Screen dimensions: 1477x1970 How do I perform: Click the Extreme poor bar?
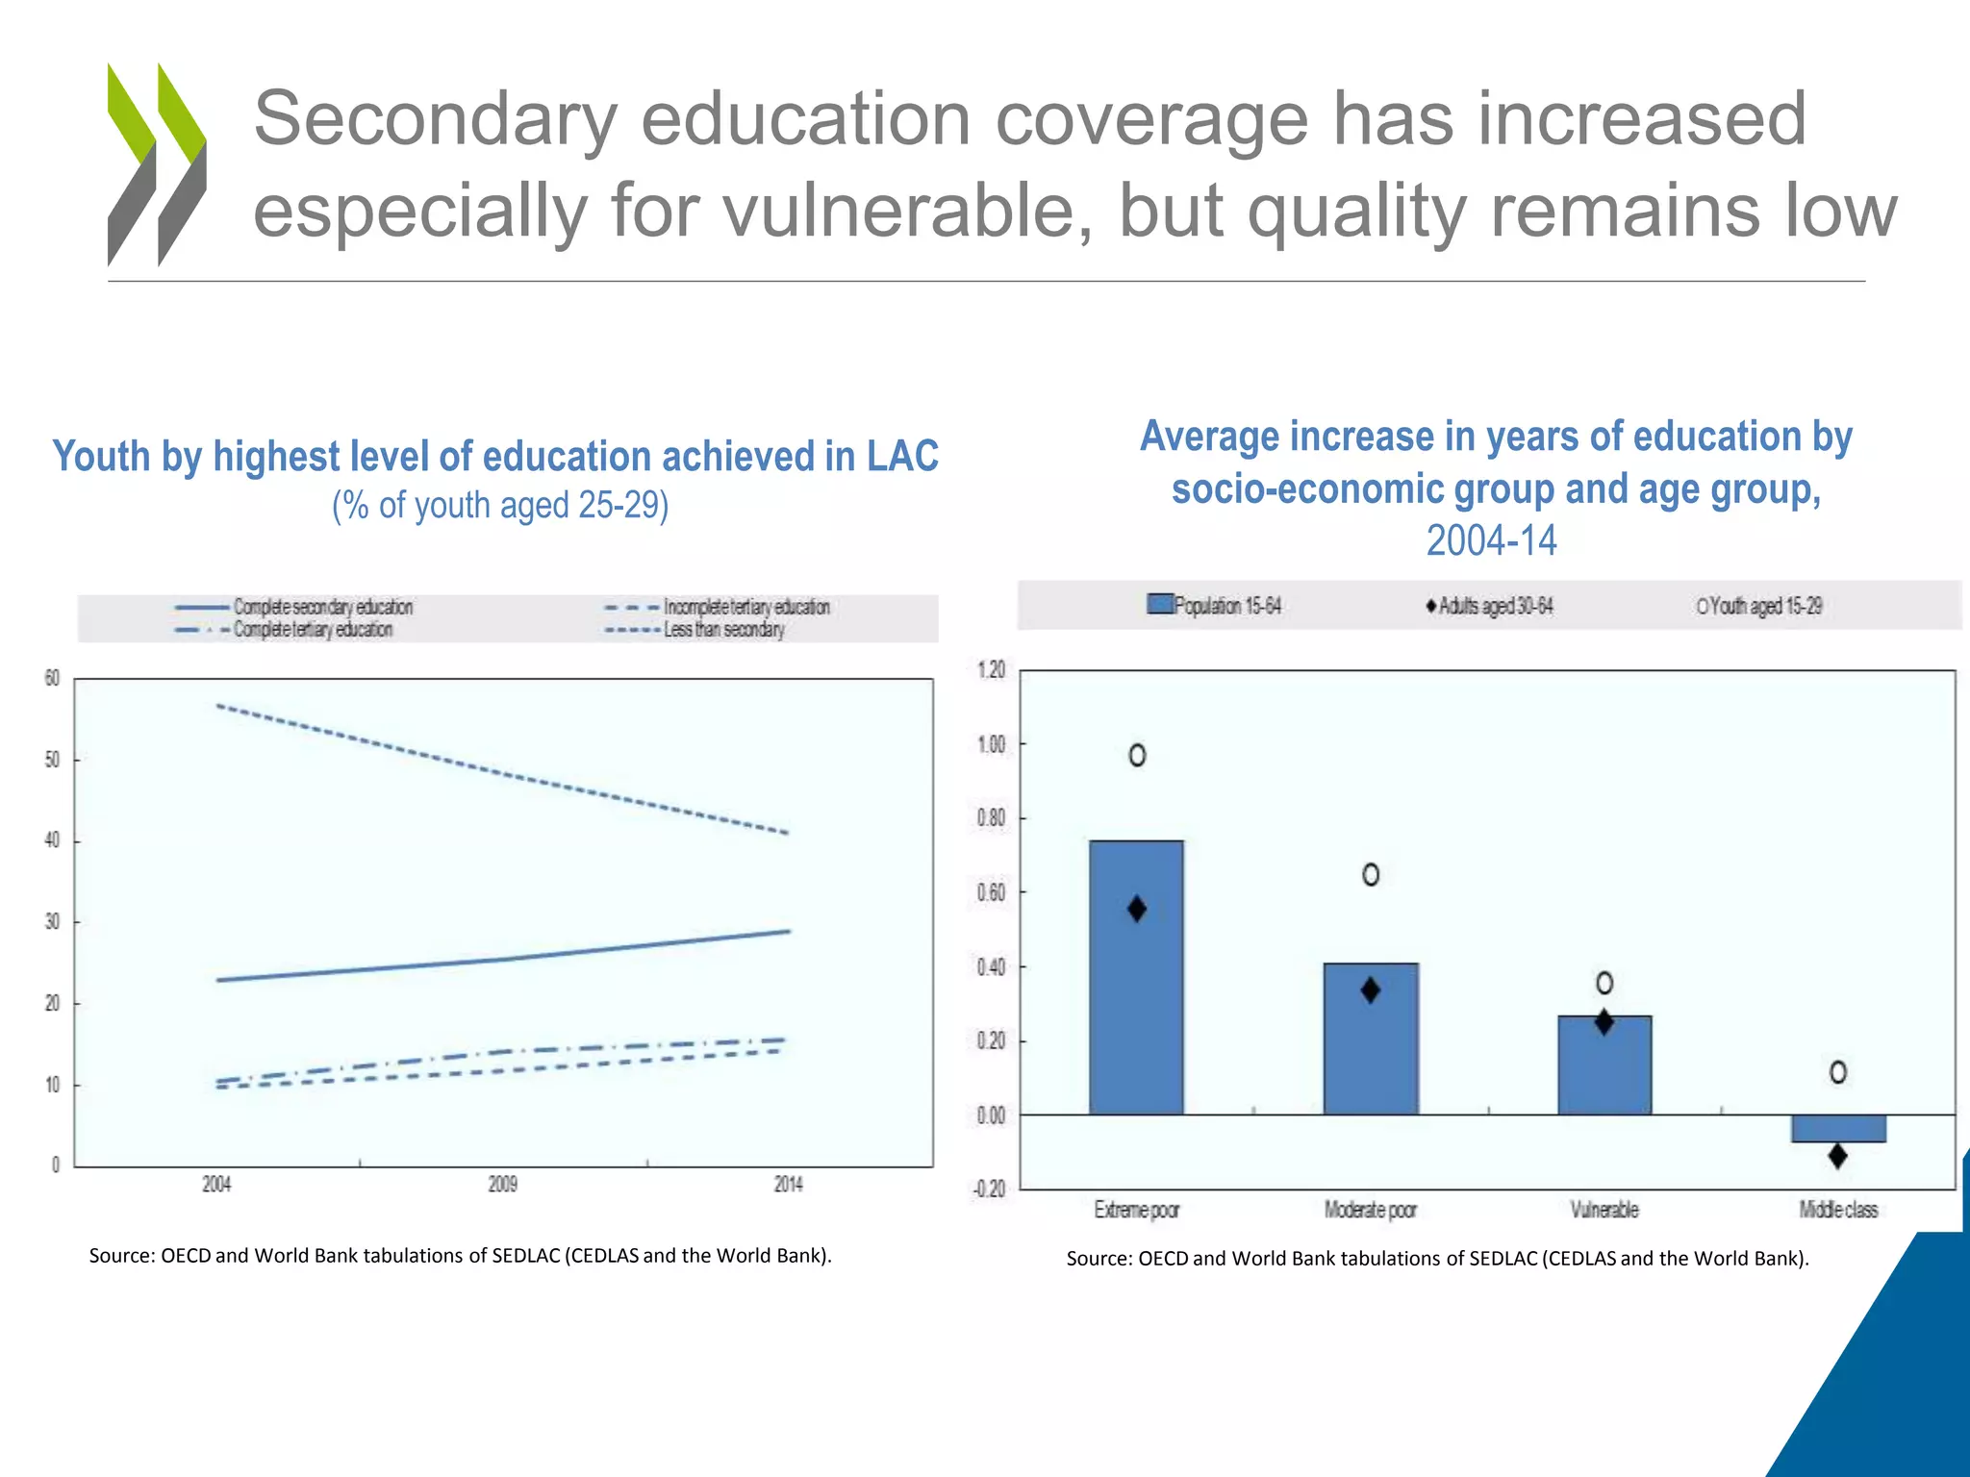tap(1136, 977)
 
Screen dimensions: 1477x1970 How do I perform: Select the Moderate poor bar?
tap(1371, 1039)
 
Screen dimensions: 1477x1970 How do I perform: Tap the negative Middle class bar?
tap(1838, 1129)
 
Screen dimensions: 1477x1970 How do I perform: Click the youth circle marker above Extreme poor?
tap(1137, 756)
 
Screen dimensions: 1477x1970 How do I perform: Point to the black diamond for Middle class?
tap(1837, 1156)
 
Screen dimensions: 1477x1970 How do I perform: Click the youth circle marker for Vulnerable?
tap(1604, 983)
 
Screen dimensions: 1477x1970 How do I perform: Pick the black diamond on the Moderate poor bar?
tap(1371, 990)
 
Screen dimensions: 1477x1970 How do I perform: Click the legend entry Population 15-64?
tap(1216, 606)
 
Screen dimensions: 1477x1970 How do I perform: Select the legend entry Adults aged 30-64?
tap(1491, 606)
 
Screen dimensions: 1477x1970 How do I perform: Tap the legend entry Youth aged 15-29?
tap(1760, 606)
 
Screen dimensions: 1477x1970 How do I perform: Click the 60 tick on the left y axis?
tap(52, 679)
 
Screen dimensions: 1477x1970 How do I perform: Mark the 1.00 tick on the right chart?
tap(991, 744)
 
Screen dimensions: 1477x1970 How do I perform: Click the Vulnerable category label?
tap(1604, 1210)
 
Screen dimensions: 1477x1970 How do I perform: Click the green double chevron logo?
tap(157, 163)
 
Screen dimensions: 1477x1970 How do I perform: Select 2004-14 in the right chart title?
tap(1491, 540)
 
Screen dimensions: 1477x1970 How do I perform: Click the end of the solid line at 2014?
tap(789, 931)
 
